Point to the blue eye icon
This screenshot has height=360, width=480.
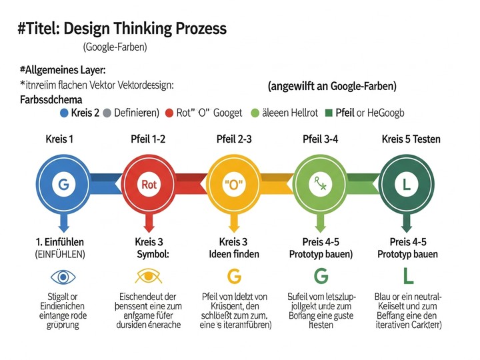point(63,275)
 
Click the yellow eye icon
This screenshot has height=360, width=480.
point(148,275)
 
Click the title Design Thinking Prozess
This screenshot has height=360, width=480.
point(123,29)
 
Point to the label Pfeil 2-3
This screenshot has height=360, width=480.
point(234,139)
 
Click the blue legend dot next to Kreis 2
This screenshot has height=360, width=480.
point(64,113)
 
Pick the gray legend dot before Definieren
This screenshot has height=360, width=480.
point(107,113)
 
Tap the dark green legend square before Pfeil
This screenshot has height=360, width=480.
point(329,113)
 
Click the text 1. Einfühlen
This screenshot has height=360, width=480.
point(59,241)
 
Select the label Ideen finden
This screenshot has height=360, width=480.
point(234,254)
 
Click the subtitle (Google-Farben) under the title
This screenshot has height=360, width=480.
point(115,47)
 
